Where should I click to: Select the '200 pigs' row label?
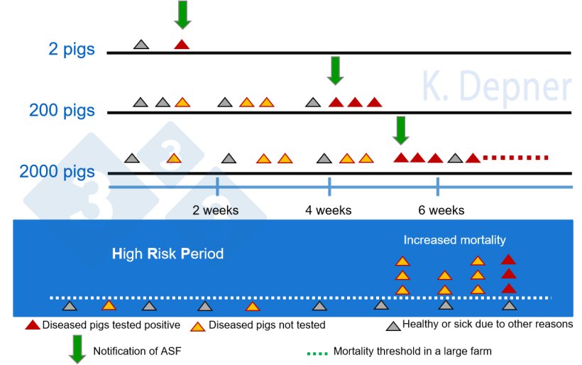tap(62, 111)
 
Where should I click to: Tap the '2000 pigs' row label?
tap(57, 172)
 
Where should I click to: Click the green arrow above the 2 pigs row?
tap(182, 15)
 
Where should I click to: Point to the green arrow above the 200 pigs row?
tap(336, 70)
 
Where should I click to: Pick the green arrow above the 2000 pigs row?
tap(402, 129)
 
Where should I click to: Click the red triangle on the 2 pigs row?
tap(182, 45)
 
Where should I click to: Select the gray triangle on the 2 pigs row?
tap(141, 45)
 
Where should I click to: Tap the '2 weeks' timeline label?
tap(216, 210)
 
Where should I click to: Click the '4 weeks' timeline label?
tap(329, 210)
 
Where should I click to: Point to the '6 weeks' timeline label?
tap(441, 210)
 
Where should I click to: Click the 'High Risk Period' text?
tap(168, 254)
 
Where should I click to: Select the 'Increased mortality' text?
tap(454, 240)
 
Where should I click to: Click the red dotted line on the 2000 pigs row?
tap(516, 158)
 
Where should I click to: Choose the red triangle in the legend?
tap(32, 325)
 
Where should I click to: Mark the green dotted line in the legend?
tap(317, 352)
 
